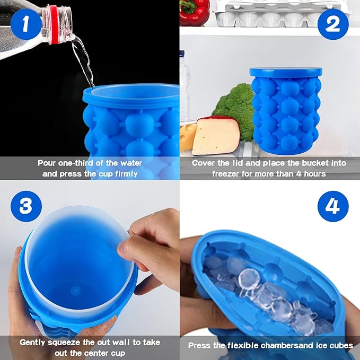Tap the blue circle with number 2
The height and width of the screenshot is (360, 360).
point(332,24)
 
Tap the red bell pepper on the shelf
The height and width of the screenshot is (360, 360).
point(194,13)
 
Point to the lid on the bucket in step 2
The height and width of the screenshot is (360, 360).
point(286,72)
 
